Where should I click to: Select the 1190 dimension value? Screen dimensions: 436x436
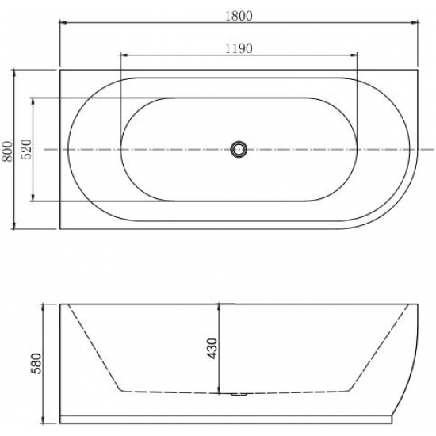click(x=239, y=48)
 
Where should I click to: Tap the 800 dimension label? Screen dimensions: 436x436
click(x=7, y=151)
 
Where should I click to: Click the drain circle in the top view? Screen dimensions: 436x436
click(x=239, y=148)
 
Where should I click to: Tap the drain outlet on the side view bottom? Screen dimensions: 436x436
click(x=239, y=394)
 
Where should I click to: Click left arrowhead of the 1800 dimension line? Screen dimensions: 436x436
click(x=63, y=24)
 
